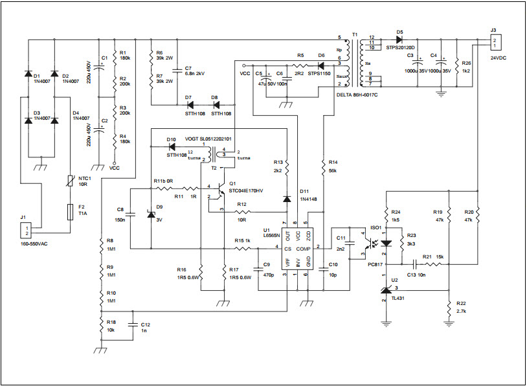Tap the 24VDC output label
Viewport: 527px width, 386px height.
tap(499, 58)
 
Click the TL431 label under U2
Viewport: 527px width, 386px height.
tap(398, 299)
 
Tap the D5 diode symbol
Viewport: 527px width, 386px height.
tap(399, 39)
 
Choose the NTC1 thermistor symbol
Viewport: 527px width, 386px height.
tap(70, 183)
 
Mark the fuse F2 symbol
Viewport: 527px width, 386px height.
tap(70, 210)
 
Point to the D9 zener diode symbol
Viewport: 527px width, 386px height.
tap(151, 214)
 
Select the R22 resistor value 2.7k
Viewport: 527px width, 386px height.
tap(462, 310)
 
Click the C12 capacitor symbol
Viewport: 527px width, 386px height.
tap(132, 324)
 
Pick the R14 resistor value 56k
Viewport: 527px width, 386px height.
tap(334, 170)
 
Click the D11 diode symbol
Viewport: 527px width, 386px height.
tap(286, 199)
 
